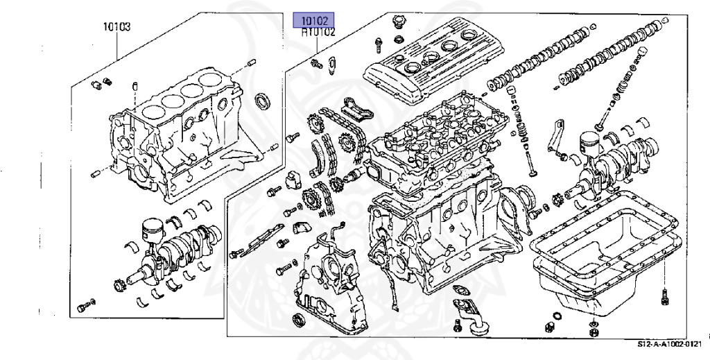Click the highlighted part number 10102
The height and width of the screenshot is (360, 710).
pyautogui.click(x=313, y=20)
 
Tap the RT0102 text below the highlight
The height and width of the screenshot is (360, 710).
pyautogui.click(x=318, y=32)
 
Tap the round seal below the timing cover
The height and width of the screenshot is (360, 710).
pyautogui.click(x=299, y=320)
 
